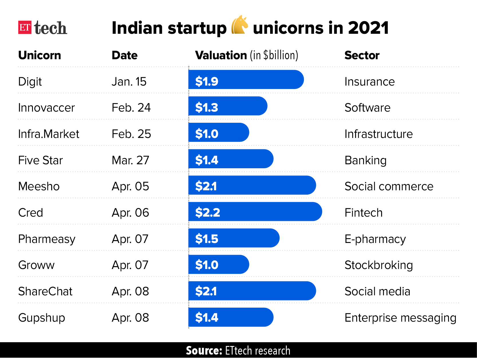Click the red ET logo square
(x=25, y=27)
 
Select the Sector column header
(x=362, y=55)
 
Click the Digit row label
(x=30, y=82)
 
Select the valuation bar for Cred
(x=255, y=212)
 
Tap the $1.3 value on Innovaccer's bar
(x=206, y=108)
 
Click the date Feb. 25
(x=131, y=134)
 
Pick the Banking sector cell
(x=365, y=160)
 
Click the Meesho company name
(x=39, y=186)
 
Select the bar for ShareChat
(x=252, y=291)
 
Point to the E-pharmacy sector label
(x=375, y=239)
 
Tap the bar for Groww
(x=219, y=264)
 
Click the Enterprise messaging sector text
(x=400, y=318)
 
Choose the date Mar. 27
(x=130, y=160)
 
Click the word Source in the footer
(x=204, y=351)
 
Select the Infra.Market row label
(x=48, y=134)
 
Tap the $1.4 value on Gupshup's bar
(x=206, y=317)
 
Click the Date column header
(x=124, y=55)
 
